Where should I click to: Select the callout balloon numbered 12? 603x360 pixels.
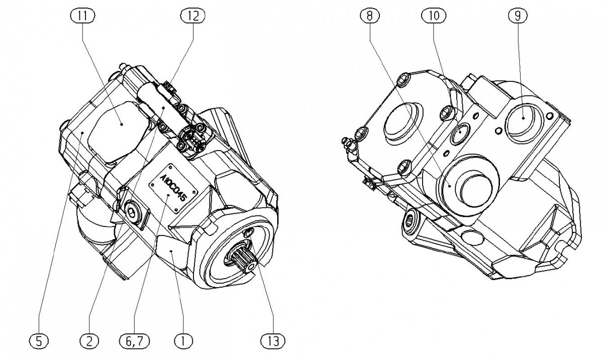tap(192, 16)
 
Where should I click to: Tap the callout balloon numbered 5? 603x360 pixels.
tap(41, 341)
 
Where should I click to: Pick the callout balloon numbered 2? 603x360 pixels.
tap(89, 341)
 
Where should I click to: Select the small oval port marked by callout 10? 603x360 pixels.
tap(460, 134)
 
